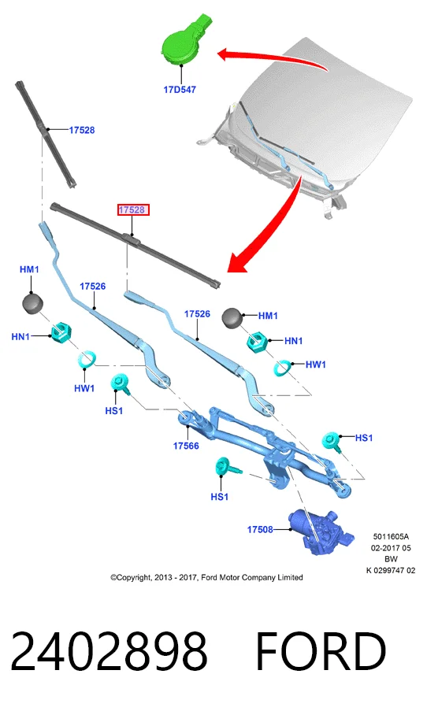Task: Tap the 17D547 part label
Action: [180, 89]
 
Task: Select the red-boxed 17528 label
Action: [132, 210]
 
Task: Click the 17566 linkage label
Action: [186, 446]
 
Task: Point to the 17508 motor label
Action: [260, 529]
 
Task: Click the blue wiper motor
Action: [321, 532]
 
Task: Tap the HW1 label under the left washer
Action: [84, 388]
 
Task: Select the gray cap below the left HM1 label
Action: [32, 303]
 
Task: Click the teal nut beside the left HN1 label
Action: [61, 333]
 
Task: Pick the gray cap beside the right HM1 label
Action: [232, 317]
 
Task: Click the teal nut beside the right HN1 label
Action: [258, 342]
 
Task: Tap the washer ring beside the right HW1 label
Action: [282, 368]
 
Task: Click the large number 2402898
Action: [109, 652]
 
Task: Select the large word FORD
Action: [321, 652]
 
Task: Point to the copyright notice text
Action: [206, 577]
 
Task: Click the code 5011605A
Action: [391, 537]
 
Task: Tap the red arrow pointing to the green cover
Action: [273, 58]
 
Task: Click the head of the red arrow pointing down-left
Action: [237, 264]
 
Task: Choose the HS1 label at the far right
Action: [363, 438]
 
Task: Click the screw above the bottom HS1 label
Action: [228, 467]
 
